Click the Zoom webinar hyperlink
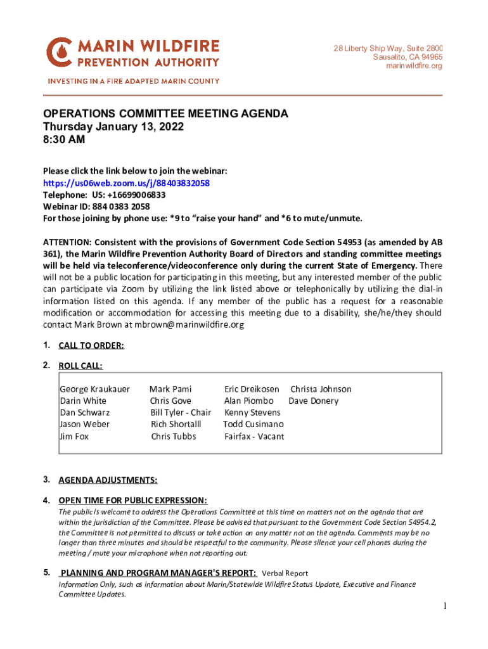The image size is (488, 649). pyautogui.click(x=126, y=183)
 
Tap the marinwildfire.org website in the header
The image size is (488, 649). pyautogui.click(x=414, y=66)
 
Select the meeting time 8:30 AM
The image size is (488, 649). pyautogui.click(x=63, y=140)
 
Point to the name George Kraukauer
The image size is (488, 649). pyautogui.click(x=94, y=389)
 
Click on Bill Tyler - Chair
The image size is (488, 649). pyautogui.click(x=181, y=413)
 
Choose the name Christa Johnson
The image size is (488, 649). pyautogui.click(x=321, y=389)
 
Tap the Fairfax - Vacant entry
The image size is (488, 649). pyautogui.click(x=254, y=436)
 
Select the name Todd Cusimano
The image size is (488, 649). pyautogui.click(x=254, y=424)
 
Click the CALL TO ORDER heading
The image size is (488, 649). pyautogui.click(x=91, y=345)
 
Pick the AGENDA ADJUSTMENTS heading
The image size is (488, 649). pyautogui.click(x=108, y=480)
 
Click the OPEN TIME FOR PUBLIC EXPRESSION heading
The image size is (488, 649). pyautogui.click(x=132, y=500)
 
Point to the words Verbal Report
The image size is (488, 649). pyautogui.click(x=285, y=573)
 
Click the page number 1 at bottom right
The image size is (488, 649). pyautogui.click(x=445, y=607)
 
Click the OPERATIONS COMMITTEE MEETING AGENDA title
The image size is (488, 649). pyautogui.click(x=165, y=113)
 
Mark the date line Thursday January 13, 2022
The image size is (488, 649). pyautogui.click(x=113, y=127)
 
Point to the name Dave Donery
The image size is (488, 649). pyautogui.click(x=313, y=401)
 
